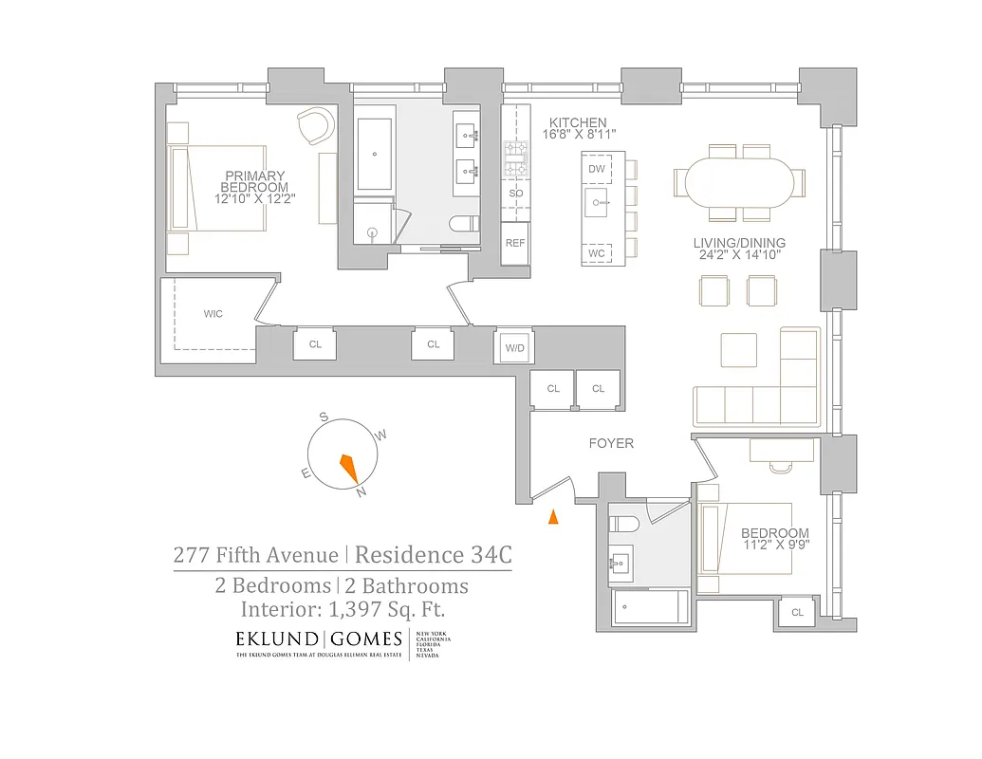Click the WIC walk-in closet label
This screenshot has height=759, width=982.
[x=213, y=314]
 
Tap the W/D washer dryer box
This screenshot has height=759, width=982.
[x=514, y=348]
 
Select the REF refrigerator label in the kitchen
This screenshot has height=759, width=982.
[x=515, y=243]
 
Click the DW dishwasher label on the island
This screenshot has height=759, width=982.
[x=597, y=169]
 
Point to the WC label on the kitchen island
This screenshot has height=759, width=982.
[x=597, y=253]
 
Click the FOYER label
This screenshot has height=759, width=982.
[x=611, y=443]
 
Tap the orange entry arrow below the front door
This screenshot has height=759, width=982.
[x=553, y=517]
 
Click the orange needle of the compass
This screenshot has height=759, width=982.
[x=348, y=468]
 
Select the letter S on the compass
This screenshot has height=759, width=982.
[x=324, y=417]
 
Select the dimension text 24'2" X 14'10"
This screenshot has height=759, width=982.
[x=739, y=256]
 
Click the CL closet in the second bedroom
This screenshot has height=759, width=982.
[x=797, y=613]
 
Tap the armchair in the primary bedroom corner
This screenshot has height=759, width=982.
[x=314, y=125]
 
